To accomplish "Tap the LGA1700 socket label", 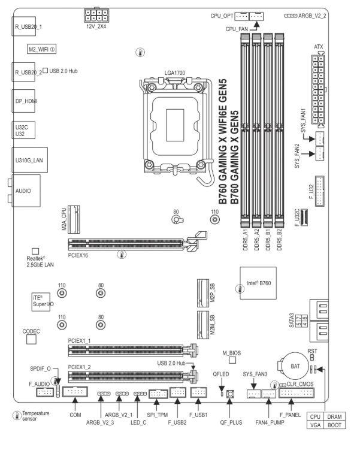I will (175, 71).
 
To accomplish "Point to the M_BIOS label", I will (231, 354).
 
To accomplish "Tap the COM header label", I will (75, 414).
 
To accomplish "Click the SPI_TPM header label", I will (158, 414).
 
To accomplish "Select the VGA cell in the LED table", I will (315, 424).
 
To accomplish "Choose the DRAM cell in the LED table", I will (335, 415).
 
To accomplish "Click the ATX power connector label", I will (319, 47).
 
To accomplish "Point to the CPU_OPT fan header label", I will (219, 12).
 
